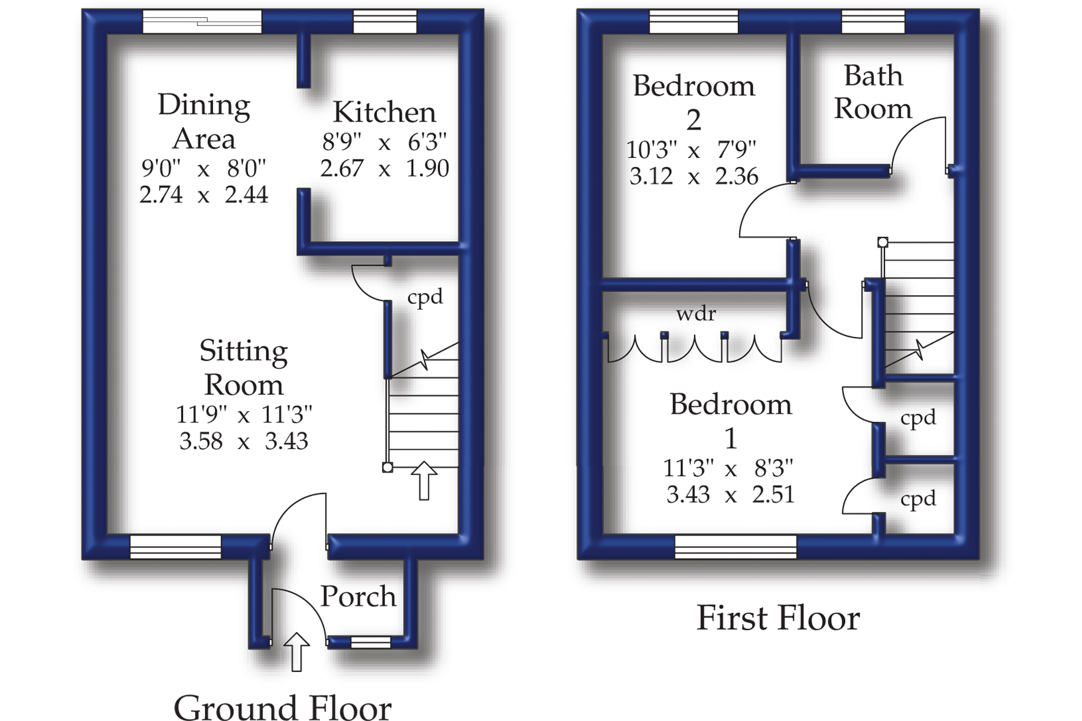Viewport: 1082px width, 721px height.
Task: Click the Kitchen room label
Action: point(384,112)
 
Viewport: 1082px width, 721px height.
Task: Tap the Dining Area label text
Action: point(204,122)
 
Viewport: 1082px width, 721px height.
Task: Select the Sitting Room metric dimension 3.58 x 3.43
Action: point(243,441)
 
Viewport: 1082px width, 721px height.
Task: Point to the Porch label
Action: point(358,596)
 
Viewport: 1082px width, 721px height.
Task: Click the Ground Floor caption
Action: point(282,707)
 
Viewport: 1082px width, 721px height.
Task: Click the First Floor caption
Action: point(778,618)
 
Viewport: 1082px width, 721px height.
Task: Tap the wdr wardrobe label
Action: point(696,313)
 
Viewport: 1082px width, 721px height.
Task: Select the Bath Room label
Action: point(873,92)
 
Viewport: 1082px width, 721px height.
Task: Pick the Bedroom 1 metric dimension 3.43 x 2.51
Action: point(730,495)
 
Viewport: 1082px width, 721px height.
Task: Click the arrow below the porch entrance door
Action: point(296,652)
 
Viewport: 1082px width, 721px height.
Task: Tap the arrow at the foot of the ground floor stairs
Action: point(423,480)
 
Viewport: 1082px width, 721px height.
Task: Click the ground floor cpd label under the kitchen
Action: point(425,297)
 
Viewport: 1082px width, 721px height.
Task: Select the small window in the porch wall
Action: point(371,643)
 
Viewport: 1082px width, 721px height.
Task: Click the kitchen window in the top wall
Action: point(385,22)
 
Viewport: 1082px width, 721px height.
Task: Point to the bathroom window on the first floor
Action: point(873,22)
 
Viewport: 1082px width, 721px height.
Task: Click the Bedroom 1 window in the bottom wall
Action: point(735,547)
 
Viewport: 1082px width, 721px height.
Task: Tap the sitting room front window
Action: point(176,547)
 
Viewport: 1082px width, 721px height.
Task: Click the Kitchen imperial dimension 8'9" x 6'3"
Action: point(384,142)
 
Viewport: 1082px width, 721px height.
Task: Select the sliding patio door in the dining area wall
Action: point(202,22)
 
